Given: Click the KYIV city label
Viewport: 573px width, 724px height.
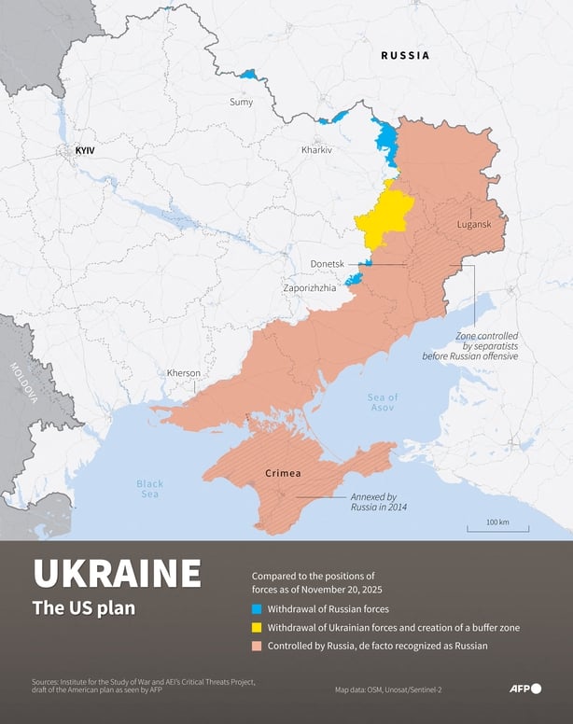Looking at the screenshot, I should (x=85, y=150).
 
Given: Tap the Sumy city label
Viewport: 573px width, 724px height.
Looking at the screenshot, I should (x=241, y=102).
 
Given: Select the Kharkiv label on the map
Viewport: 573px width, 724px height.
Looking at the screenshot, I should (x=316, y=150).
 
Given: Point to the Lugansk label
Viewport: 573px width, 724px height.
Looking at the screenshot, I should (x=474, y=225).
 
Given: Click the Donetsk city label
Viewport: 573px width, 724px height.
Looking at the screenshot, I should (x=328, y=265).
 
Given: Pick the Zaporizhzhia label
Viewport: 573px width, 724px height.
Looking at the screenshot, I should (x=310, y=288).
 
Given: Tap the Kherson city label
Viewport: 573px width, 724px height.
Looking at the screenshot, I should (x=184, y=373).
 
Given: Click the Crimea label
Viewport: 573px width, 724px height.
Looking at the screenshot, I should (x=283, y=474).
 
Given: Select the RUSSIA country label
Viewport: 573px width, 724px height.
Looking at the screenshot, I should (x=405, y=56).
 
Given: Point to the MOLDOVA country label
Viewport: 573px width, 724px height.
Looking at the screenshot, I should (x=23, y=383).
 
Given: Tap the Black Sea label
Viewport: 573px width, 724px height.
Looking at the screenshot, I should (x=149, y=489).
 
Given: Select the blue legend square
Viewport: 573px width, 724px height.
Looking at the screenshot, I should (x=257, y=607).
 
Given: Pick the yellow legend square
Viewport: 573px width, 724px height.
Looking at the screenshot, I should (x=257, y=627).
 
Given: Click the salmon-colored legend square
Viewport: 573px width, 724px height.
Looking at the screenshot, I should (x=257, y=646).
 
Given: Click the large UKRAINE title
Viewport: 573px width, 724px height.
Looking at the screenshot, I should (x=117, y=573).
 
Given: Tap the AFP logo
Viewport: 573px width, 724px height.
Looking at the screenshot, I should (x=524, y=689).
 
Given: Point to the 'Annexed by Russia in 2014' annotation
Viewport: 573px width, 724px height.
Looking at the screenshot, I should (x=378, y=502).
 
